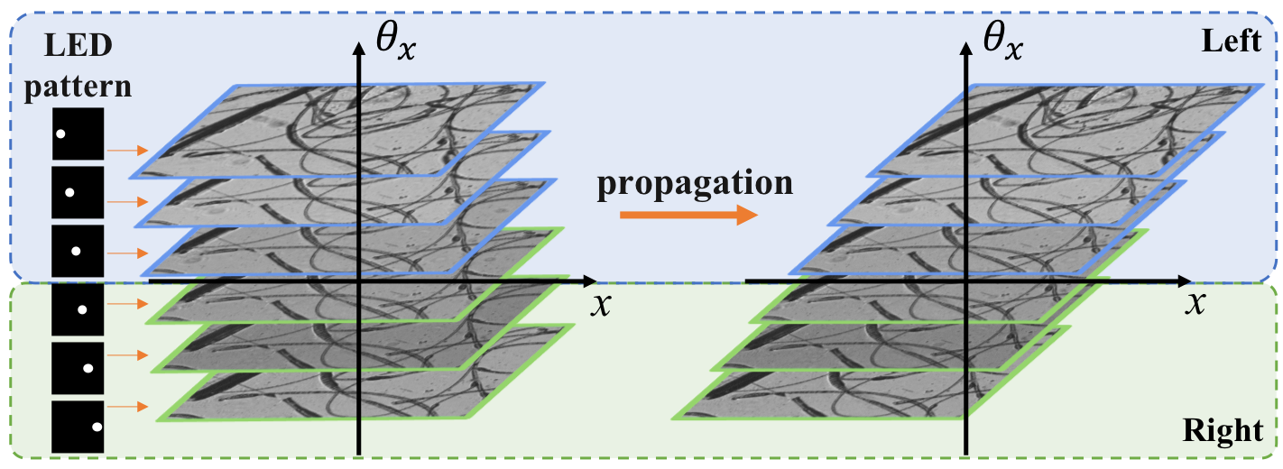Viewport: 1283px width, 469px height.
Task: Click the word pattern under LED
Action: tap(78, 87)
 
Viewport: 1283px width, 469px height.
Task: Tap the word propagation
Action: tap(694, 182)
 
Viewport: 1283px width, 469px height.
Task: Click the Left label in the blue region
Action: tap(1232, 41)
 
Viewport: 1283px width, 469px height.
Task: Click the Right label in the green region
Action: tap(1223, 431)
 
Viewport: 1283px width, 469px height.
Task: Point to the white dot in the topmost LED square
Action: tap(61, 135)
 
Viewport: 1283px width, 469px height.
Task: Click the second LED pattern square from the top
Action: tap(78, 192)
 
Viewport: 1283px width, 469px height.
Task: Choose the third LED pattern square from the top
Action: tap(78, 249)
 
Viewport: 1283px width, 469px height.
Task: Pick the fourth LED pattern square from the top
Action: tap(78, 309)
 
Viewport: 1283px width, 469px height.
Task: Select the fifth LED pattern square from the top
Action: tap(78, 367)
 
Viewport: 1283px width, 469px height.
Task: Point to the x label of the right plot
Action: tap(1196, 302)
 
